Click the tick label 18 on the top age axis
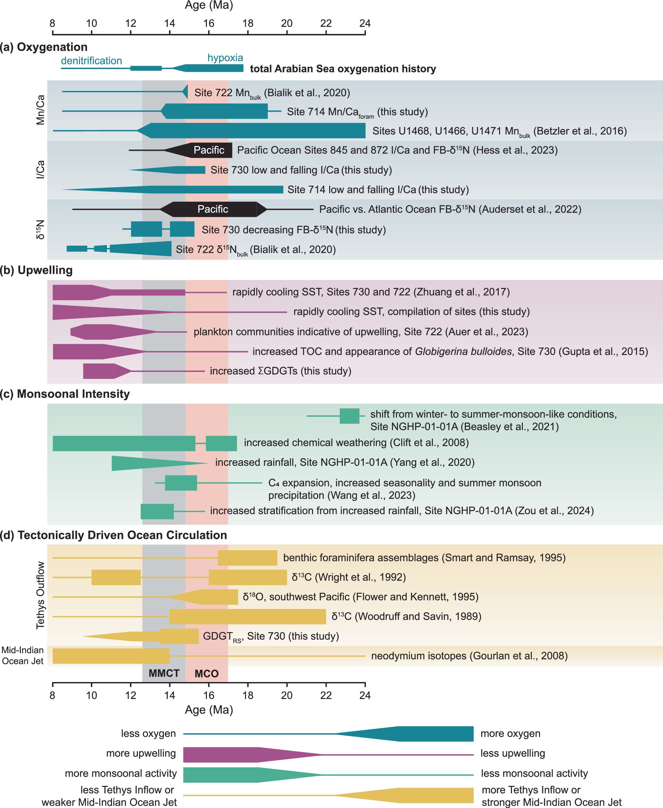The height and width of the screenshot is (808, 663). click(248, 23)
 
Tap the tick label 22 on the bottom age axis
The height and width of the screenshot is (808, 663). click(326, 695)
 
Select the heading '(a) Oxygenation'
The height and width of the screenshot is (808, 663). click(44, 47)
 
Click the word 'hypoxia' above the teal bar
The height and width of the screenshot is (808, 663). click(225, 58)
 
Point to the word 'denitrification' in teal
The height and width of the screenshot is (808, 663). click(91, 61)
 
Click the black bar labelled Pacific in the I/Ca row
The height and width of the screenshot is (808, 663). click(208, 150)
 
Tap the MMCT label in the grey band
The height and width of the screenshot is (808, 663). click(164, 673)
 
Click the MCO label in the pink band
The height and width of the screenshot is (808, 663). click(207, 673)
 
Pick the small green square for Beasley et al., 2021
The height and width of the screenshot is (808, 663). click(349, 416)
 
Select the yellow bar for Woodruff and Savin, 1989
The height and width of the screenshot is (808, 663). click(248, 616)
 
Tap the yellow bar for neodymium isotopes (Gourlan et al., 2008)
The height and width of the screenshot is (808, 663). click(111, 656)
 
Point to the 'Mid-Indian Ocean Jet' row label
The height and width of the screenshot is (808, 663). click(22, 656)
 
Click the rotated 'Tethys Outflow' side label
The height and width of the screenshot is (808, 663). click(40, 595)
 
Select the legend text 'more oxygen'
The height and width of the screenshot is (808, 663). click(510, 734)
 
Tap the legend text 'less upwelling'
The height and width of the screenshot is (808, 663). click(513, 753)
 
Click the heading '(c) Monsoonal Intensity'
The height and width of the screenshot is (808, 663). click(65, 394)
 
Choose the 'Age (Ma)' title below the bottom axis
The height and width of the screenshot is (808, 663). click(209, 710)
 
